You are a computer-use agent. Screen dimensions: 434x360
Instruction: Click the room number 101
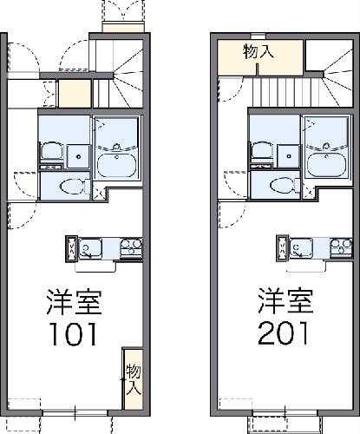pos(74,332)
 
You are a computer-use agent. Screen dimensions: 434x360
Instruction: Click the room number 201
pos(282,332)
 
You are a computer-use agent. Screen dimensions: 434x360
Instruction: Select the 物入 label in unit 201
pos(259,51)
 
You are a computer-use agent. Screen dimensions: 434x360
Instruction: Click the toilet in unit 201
pos(279,185)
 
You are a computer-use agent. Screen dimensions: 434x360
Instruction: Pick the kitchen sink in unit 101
pos(89,250)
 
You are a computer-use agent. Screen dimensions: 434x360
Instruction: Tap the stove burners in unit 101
pos(131,248)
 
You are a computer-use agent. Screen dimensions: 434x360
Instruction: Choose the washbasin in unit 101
pos(51,149)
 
